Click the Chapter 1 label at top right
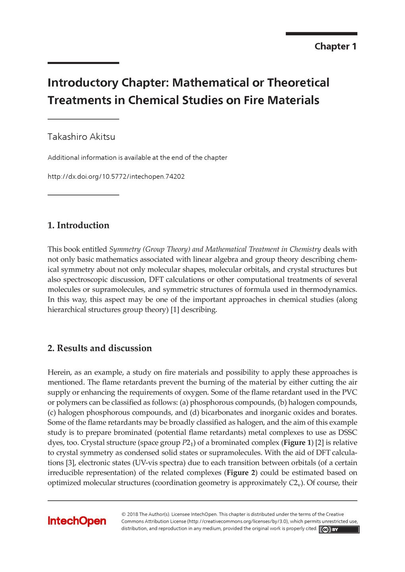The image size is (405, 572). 335,46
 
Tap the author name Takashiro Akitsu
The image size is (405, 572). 81,137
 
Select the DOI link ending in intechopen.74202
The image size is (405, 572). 116,176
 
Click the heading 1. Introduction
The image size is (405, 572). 78,225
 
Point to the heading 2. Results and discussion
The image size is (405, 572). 100,348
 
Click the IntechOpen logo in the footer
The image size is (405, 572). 77,521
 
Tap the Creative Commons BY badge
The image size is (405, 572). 339,529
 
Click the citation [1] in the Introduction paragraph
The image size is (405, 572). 175,310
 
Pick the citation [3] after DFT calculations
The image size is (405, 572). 69,463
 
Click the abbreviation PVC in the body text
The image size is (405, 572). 349,392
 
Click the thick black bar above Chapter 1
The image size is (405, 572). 321,34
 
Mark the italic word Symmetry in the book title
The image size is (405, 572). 125,249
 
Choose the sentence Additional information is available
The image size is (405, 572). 137,158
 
